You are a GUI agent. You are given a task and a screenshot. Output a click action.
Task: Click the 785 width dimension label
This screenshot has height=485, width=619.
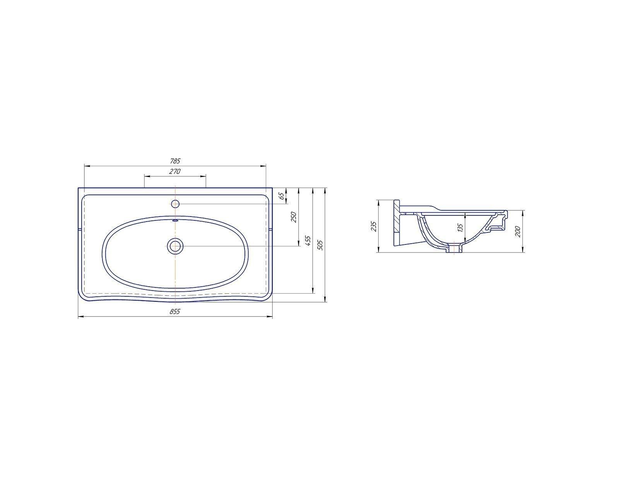(175, 162)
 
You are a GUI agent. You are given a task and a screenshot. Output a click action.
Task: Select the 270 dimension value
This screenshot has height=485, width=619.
(175, 171)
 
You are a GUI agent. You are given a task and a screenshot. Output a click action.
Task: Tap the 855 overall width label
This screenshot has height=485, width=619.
(175, 311)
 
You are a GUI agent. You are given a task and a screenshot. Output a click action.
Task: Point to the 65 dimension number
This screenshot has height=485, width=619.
(281, 196)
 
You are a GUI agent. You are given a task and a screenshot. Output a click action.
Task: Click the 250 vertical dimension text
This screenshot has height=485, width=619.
(294, 217)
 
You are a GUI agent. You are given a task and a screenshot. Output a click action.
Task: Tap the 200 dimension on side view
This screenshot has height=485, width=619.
(518, 232)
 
